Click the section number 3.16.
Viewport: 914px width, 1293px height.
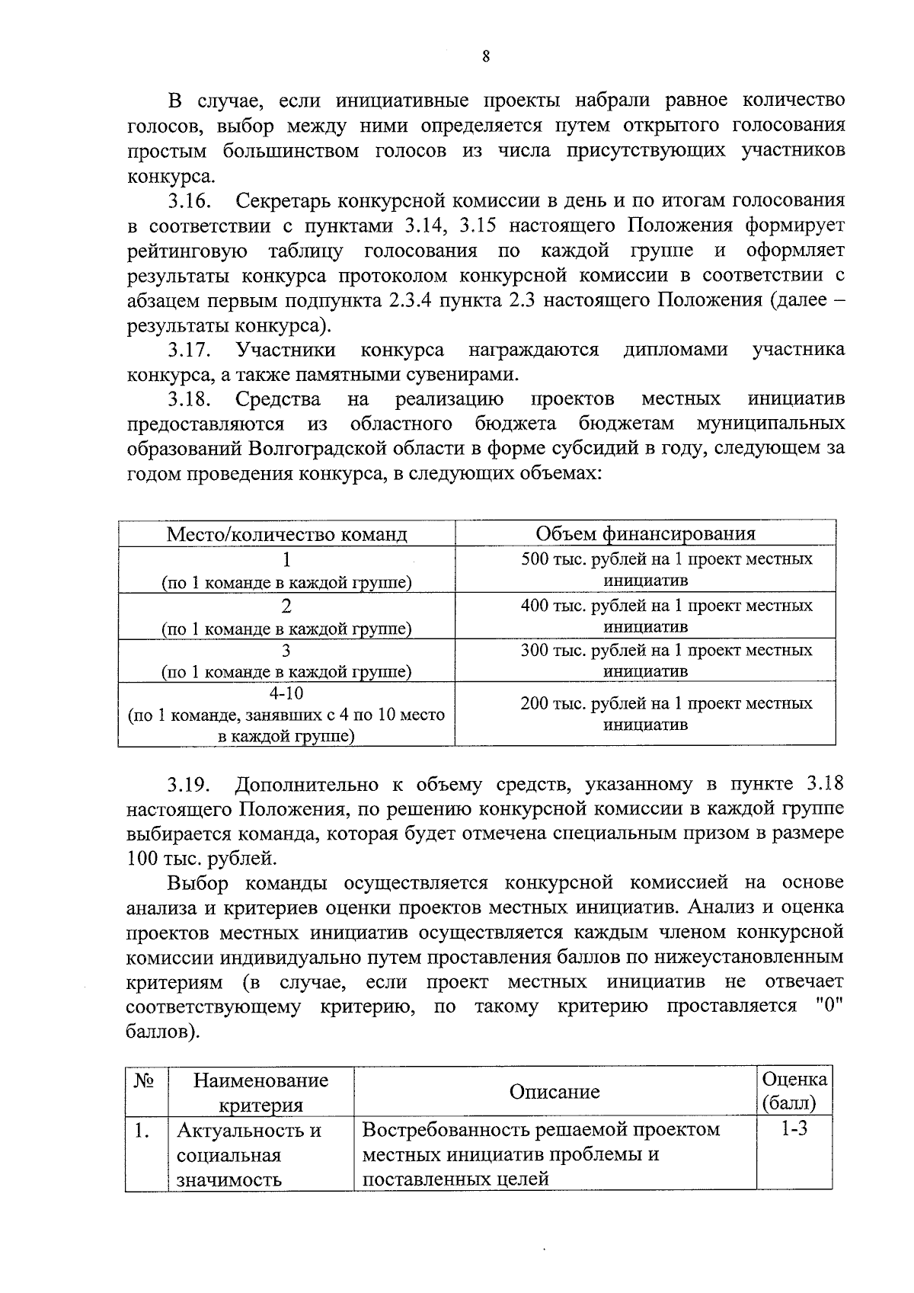[x=190, y=201]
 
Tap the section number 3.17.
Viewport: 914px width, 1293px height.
[x=190, y=350]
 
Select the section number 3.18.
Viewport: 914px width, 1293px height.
[x=190, y=399]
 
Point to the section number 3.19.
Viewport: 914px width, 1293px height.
[x=190, y=784]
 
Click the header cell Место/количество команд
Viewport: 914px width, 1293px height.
[x=286, y=533]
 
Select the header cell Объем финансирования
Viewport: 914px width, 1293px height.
[x=645, y=533]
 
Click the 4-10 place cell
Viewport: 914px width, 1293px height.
[x=286, y=715]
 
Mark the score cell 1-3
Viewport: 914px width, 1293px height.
[x=794, y=1129]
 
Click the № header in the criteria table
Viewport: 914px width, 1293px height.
[x=145, y=1081]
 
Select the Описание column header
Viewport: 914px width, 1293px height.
[x=554, y=1092]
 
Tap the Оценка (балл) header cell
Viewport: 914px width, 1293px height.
[x=794, y=1091]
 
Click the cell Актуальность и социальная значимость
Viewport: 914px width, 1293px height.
[x=249, y=1154]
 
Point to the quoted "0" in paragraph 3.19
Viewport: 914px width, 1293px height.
[x=826, y=1007]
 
